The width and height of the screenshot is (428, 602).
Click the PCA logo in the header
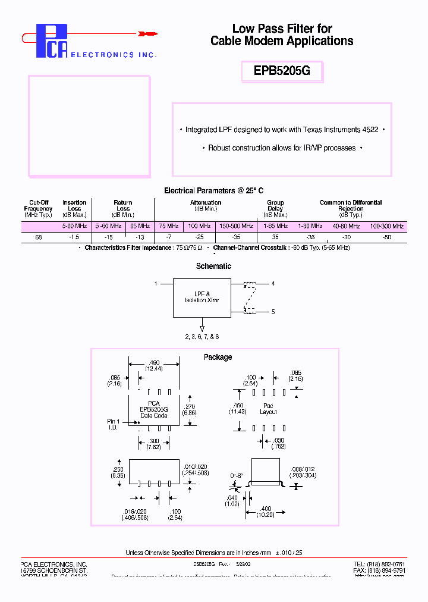[x=52, y=41]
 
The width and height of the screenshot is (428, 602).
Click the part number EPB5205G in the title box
[x=282, y=71]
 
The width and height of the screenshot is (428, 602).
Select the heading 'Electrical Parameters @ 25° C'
[x=213, y=191]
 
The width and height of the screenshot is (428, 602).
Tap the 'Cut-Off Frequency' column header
[x=39, y=208]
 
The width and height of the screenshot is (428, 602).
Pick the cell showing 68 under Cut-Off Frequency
[x=39, y=237]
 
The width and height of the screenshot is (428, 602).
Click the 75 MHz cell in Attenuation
[x=169, y=226]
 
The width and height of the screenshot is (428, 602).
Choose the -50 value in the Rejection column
[x=387, y=237]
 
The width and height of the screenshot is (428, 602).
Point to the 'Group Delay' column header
[x=275, y=208]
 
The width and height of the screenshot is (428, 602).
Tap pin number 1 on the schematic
[x=156, y=284]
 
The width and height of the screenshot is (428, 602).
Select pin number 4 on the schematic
[x=273, y=284]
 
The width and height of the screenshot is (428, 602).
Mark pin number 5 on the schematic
[x=273, y=311]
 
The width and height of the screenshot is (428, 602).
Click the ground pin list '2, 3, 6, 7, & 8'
[x=202, y=337]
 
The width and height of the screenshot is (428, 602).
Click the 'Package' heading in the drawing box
[x=218, y=357]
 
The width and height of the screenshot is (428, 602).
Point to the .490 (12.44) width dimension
[x=155, y=366]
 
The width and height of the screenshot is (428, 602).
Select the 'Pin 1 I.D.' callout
[x=114, y=424]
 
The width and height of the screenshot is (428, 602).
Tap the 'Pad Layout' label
[x=269, y=408]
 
